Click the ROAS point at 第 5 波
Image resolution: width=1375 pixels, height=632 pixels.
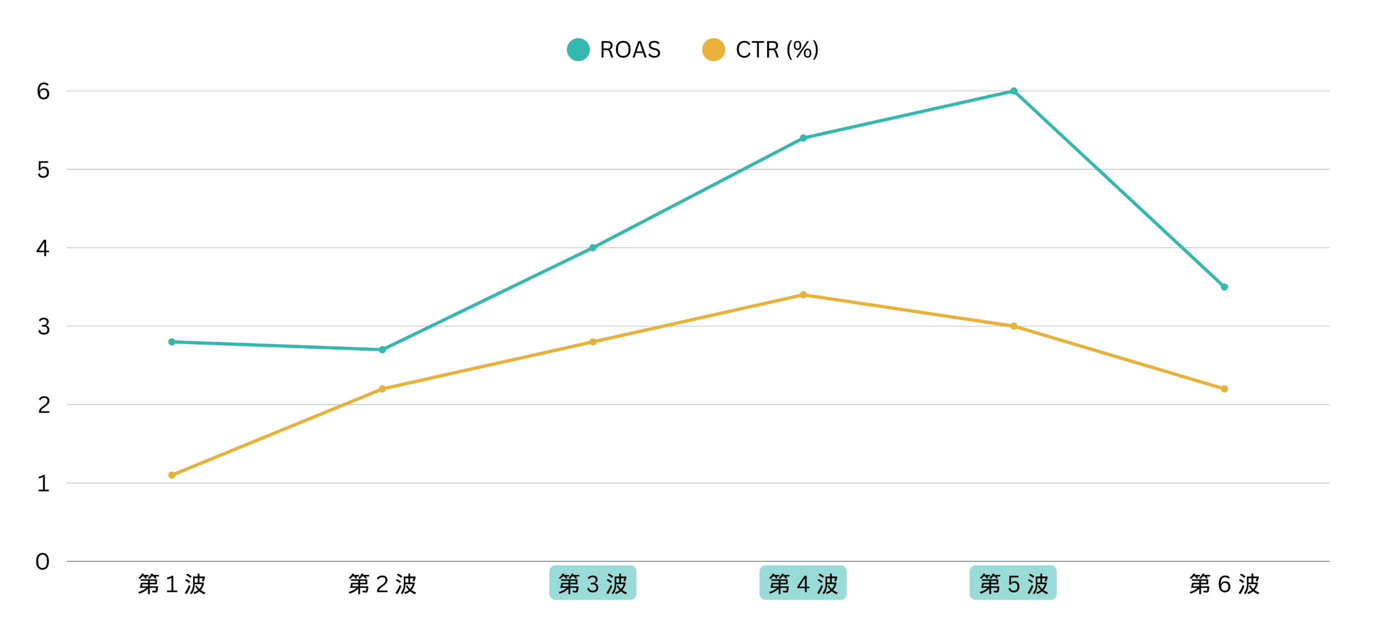click(1014, 91)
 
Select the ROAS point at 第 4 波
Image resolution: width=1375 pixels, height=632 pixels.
click(803, 138)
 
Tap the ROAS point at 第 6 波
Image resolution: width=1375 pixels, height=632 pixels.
click(1224, 287)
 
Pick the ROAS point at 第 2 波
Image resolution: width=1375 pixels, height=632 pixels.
click(382, 350)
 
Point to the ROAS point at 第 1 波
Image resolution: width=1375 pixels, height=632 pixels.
click(172, 342)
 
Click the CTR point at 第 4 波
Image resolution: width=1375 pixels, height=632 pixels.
click(803, 295)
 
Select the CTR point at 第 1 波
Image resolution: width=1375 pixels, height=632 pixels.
click(172, 475)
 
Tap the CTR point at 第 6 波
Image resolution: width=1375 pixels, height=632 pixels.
click(1224, 389)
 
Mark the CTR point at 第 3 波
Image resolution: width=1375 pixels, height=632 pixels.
click(593, 342)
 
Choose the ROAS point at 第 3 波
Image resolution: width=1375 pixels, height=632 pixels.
click(593, 248)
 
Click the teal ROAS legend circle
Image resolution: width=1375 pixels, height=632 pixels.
click(578, 50)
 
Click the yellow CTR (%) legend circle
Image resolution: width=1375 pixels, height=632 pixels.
click(714, 50)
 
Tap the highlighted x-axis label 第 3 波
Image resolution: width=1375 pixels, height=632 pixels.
click(593, 583)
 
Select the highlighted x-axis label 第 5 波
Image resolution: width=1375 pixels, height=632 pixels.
click(1014, 583)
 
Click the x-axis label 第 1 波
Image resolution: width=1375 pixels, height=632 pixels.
click(172, 584)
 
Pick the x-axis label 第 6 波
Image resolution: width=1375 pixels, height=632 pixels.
click(1224, 584)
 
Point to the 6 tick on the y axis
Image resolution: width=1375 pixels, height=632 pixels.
click(43, 92)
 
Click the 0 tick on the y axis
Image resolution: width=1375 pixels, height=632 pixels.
click(43, 562)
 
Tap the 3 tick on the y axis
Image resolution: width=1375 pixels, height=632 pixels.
click(43, 327)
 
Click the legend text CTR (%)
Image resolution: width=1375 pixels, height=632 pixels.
click(777, 50)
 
